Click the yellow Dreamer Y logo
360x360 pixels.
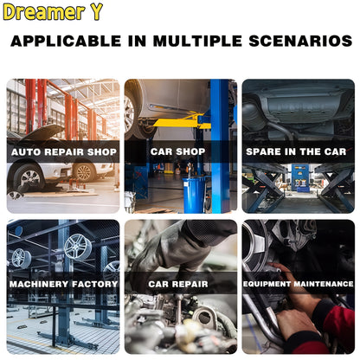pos(53,12)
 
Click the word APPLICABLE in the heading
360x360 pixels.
pos(66,41)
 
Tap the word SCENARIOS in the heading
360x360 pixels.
pos(300,41)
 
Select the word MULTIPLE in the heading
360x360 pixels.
pos(197,41)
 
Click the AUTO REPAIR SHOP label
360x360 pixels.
pos(64,152)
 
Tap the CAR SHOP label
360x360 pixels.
pos(177,151)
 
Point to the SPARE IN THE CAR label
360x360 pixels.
pos(296,151)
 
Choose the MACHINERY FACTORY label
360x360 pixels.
pos(63,284)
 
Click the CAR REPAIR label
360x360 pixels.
pos(178,284)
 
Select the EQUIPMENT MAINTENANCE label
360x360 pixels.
pos(299,284)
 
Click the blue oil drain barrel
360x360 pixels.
pos(193,195)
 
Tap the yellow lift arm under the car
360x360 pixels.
pos(180,122)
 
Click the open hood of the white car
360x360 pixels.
pos(44,132)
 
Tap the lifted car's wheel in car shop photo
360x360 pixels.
pos(131,114)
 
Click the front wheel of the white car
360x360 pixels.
pos(29,178)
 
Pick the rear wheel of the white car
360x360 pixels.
pos(84,172)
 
